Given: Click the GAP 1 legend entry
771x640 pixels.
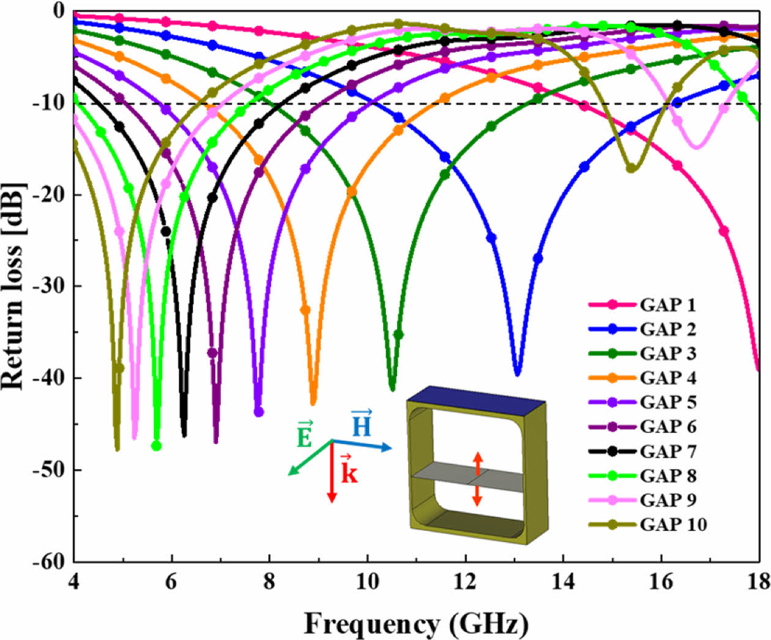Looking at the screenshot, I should click(x=668, y=305).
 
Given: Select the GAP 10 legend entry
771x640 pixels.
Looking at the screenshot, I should click(x=673, y=525).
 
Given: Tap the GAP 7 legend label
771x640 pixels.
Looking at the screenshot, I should click(x=668, y=451).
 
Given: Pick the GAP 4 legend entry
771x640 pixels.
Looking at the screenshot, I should click(x=668, y=378).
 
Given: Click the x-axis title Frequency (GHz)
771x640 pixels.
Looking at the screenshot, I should click(x=415, y=624).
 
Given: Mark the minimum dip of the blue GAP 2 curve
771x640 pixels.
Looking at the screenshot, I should click(x=518, y=374).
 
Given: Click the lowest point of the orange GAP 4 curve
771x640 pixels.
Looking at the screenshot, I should click(x=313, y=403).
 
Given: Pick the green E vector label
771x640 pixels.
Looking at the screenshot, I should click(x=304, y=434).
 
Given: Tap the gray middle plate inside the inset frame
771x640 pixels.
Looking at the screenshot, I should click(x=468, y=478).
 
